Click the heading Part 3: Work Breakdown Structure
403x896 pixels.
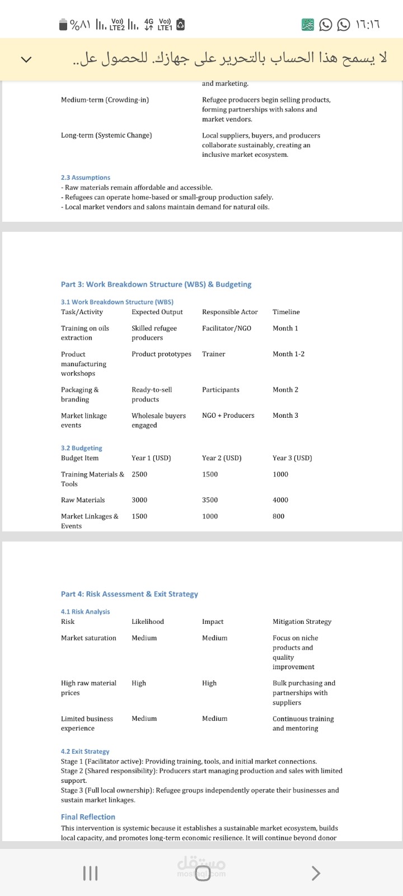(156, 284)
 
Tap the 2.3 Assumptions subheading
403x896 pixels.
(86, 178)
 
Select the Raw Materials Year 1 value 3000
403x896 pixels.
(139, 500)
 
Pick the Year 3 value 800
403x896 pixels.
(279, 516)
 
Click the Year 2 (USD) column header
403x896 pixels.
(222, 458)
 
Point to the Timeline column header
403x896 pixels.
(286, 312)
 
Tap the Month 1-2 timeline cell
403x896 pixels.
(288, 354)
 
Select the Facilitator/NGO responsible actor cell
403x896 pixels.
(227, 328)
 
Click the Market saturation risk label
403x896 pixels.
(88, 638)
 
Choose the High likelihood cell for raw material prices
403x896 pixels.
(139, 683)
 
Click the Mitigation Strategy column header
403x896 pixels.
(302, 622)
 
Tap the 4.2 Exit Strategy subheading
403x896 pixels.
(85, 752)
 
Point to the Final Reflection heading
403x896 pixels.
(88, 817)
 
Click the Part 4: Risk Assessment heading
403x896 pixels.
(129, 594)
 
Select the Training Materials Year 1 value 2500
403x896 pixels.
(139, 474)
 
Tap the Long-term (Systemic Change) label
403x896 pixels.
(106, 136)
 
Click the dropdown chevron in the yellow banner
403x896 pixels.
(26, 59)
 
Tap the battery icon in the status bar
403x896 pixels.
(63, 25)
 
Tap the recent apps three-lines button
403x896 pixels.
(90, 873)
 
